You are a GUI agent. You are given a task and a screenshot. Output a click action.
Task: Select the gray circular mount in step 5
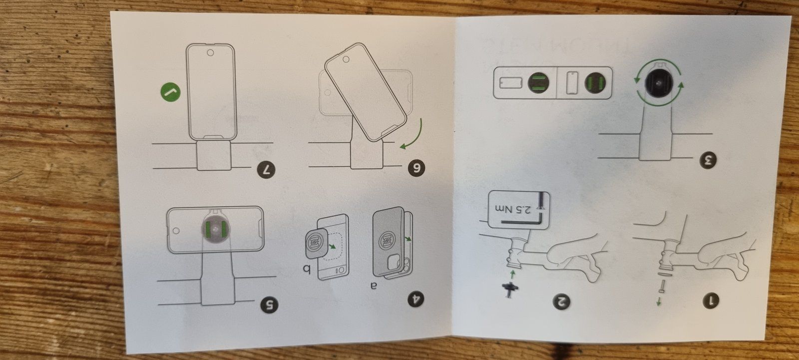216,229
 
